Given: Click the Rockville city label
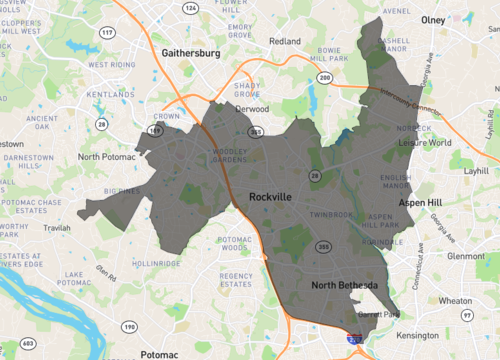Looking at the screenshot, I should (270, 198).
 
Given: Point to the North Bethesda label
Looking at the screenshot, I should (343, 286).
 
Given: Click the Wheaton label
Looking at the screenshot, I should (456, 299).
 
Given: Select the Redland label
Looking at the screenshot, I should (284, 41).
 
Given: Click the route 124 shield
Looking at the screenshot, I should (190, 8).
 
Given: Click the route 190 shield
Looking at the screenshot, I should (130, 327).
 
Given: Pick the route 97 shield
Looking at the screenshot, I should (466, 316).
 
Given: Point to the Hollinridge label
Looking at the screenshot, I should (158, 263).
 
